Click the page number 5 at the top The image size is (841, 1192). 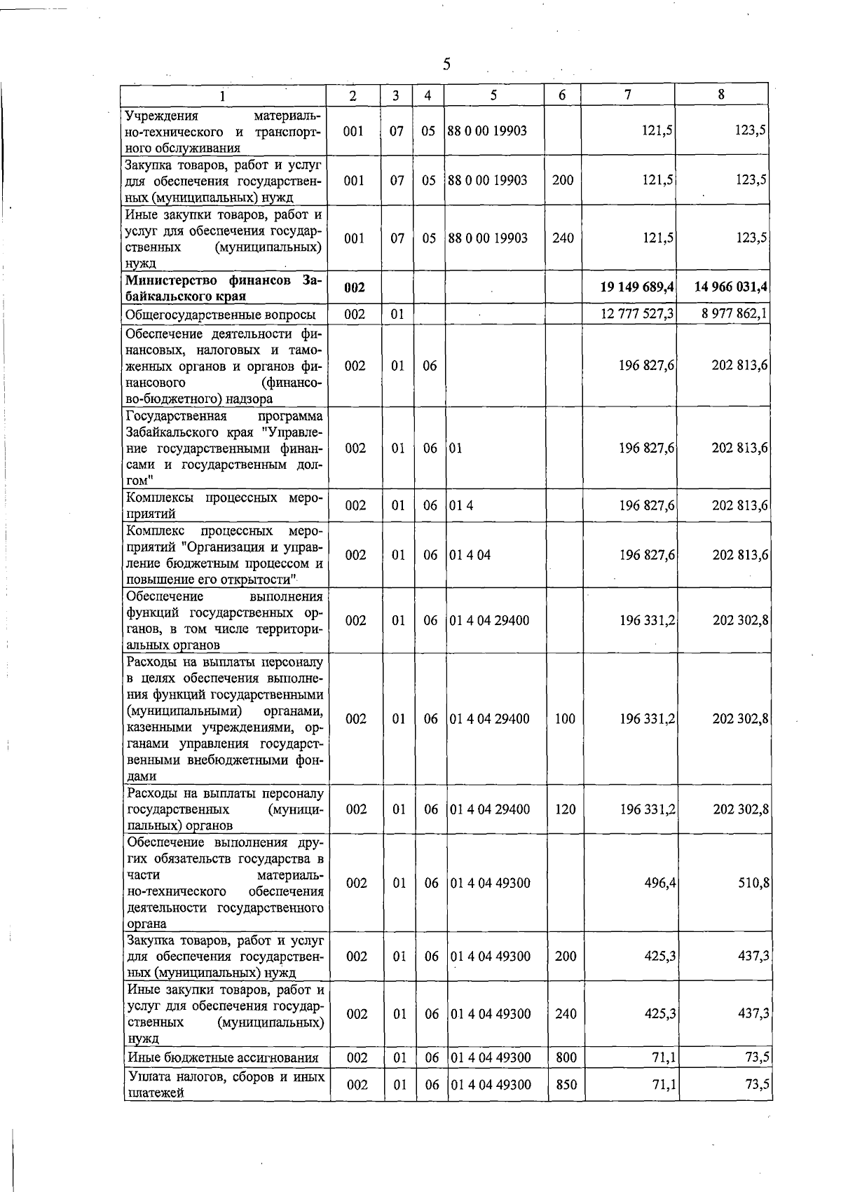click(x=446, y=64)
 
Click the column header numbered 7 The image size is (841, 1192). click(x=628, y=95)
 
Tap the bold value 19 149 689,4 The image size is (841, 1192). click(x=637, y=287)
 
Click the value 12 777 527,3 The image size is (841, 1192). click(x=638, y=313)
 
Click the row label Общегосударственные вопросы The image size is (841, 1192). click(x=220, y=315)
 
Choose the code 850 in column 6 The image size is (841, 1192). click(x=566, y=1085)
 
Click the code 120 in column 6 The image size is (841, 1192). click(x=565, y=809)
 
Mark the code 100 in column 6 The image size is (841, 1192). click(x=565, y=719)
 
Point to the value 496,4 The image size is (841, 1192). click(x=659, y=883)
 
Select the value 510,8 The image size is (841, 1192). click(x=753, y=883)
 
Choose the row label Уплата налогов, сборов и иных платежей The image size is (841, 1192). click(x=225, y=1085)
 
